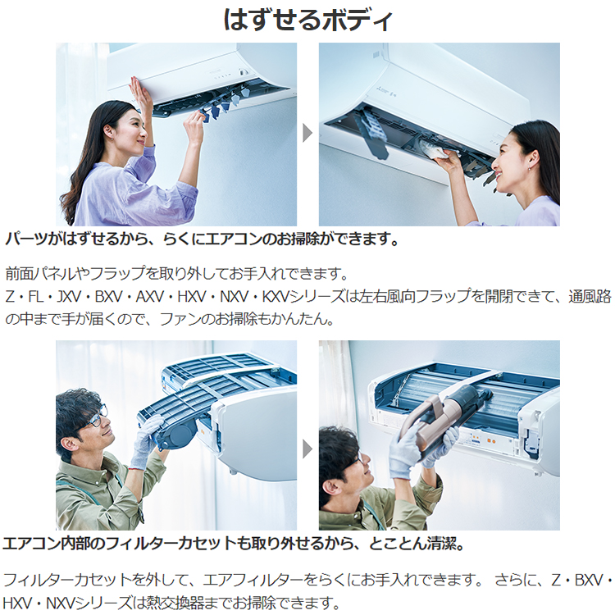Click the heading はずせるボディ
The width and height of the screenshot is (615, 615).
click(x=307, y=20)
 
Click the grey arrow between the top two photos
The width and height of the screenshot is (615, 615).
click(x=307, y=133)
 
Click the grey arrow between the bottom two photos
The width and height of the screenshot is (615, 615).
click(x=307, y=448)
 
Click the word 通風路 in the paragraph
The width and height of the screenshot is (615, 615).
click(x=592, y=295)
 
